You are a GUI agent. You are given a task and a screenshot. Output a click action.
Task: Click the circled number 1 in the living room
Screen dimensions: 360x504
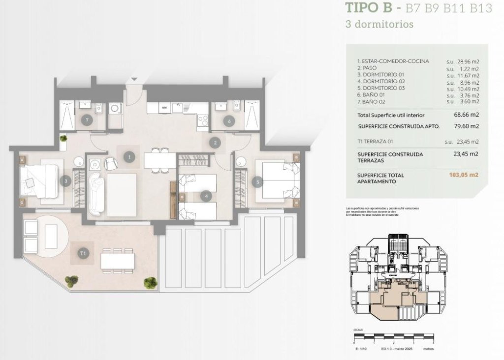click(x=129, y=157)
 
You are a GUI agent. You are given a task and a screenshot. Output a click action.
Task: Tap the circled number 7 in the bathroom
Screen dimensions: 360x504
click(x=87, y=120)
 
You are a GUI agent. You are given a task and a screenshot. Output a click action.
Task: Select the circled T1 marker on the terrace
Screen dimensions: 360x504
click(x=83, y=253)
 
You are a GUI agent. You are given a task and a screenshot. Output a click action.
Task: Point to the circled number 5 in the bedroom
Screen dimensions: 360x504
click(x=255, y=181)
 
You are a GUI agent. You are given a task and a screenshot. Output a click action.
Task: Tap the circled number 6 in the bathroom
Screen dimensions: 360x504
click(x=228, y=120)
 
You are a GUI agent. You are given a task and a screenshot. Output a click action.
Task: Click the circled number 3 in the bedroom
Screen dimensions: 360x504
click(x=67, y=181)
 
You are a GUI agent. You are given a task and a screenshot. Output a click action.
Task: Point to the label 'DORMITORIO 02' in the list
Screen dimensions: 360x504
click(x=381, y=81)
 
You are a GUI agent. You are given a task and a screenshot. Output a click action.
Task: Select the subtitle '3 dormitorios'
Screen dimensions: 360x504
click(x=379, y=24)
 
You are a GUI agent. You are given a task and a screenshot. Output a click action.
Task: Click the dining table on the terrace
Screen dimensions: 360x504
click(x=118, y=261)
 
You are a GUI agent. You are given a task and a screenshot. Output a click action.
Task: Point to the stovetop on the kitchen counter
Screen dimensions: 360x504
click(x=203, y=119)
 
